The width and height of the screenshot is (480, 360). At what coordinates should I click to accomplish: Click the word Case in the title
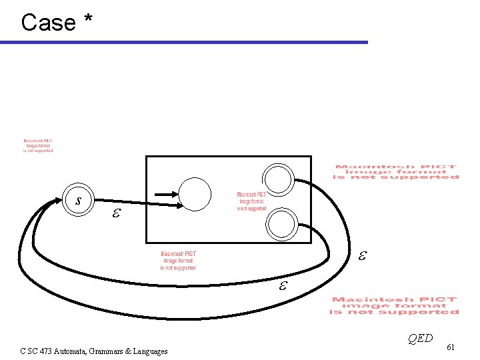coord(49,23)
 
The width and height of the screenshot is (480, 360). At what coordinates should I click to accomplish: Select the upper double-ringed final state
coord(277,179)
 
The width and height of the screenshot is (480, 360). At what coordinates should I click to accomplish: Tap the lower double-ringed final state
coord(283,225)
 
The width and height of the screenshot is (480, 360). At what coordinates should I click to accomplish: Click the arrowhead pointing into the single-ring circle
coord(175,195)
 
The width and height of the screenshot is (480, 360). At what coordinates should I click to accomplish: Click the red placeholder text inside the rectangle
coord(251,201)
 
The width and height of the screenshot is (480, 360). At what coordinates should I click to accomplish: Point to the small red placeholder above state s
coord(38,146)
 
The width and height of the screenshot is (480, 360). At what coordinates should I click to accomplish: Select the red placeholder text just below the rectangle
coord(178,261)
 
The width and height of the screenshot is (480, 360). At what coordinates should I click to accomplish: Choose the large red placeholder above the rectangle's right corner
coord(396,172)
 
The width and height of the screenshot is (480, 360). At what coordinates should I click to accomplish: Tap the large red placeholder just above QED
coord(395,306)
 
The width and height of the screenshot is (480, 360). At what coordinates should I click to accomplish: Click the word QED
coord(420,338)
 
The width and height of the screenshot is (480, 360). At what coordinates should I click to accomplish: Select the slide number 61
coord(451,347)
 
